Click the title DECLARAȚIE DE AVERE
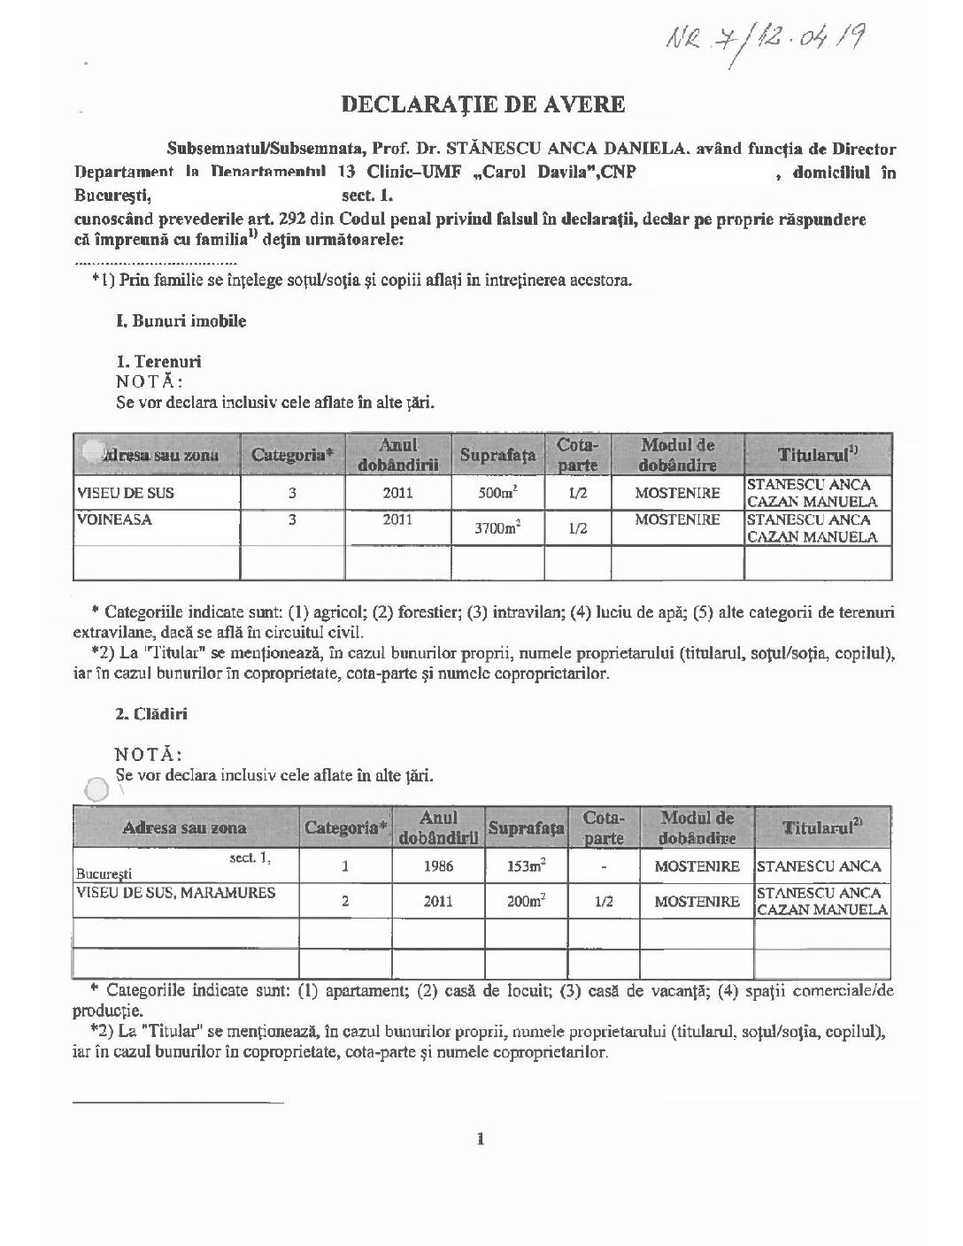483,104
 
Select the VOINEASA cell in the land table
115,520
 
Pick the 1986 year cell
439,866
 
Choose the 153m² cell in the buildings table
525,866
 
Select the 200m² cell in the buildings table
525,901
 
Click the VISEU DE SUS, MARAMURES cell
177,893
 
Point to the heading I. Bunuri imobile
181,321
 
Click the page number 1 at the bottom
480,1139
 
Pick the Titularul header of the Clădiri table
822,828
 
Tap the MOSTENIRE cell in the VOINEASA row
677,520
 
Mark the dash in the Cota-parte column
605,866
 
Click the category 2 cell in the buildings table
345,901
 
